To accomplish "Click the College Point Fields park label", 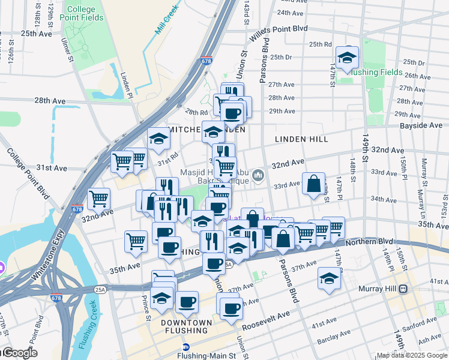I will coord(85,14).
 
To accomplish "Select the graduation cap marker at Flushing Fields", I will coord(347,58).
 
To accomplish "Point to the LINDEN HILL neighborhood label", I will coord(301,139).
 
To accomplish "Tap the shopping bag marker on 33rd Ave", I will coord(314,184).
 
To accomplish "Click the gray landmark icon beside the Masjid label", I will coord(259,175).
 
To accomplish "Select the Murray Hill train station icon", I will coord(403,289).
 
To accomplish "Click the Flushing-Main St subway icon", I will coord(187,347).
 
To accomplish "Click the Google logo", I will coord(19,353).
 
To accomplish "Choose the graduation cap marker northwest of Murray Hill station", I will coord(328,279).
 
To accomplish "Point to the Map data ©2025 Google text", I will coord(411,355).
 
